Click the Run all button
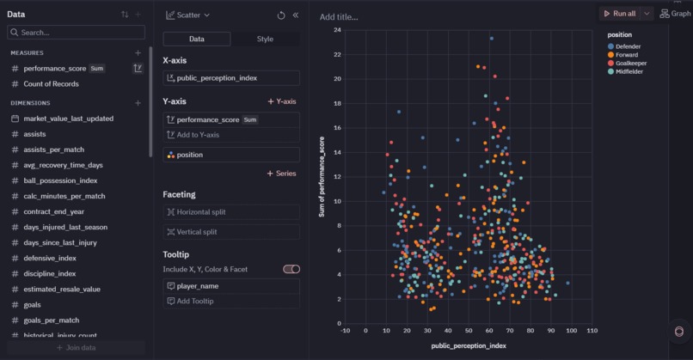pyautogui.click(x=619, y=14)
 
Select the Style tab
pyautogui.click(x=265, y=39)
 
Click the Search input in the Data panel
pyautogui.click(x=77, y=33)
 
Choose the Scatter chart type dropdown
pyautogui.click(x=188, y=15)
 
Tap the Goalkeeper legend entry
pyautogui.click(x=627, y=64)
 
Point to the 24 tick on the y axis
pyautogui.click(x=338, y=30)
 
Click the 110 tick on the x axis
pyautogui.click(x=592, y=330)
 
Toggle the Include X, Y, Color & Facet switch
pyautogui.click(x=291, y=269)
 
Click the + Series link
pyautogui.click(x=281, y=174)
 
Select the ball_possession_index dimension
pyautogui.click(x=60, y=180)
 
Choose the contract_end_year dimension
pyautogui.click(x=53, y=211)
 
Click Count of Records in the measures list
pyautogui.click(x=51, y=84)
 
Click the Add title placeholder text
pyautogui.click(x=339, y=17)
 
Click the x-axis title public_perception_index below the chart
pyautogui.click(x=468, y=345)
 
